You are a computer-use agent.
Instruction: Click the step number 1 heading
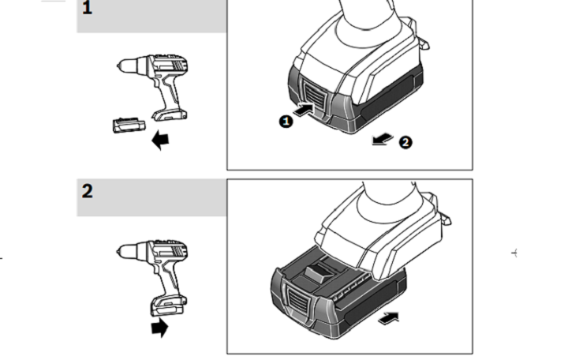88,9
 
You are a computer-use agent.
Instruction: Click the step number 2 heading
88,190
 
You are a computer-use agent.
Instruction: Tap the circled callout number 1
286,121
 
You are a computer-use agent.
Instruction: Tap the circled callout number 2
405,142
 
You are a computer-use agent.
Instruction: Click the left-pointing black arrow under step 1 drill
161,141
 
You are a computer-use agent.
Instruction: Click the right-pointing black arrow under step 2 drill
159,327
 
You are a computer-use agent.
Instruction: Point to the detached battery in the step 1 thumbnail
129,124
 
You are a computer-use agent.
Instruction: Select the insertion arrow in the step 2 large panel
388,317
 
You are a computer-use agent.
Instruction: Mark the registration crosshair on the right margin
515,253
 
